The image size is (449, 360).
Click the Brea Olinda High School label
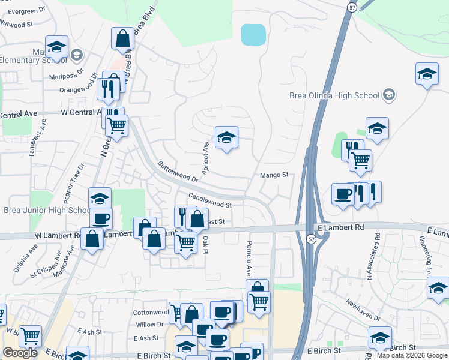(334, 95)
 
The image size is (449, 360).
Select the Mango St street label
(274, 175)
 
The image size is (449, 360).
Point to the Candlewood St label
(210, 200)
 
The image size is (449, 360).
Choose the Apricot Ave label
(205, 154)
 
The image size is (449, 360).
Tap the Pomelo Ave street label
(249, 255)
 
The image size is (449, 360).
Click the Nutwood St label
(17, 25)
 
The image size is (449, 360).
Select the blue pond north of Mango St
(253, 35)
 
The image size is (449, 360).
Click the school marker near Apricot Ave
(226, 138)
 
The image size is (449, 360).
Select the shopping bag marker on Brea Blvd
(122, 39)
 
